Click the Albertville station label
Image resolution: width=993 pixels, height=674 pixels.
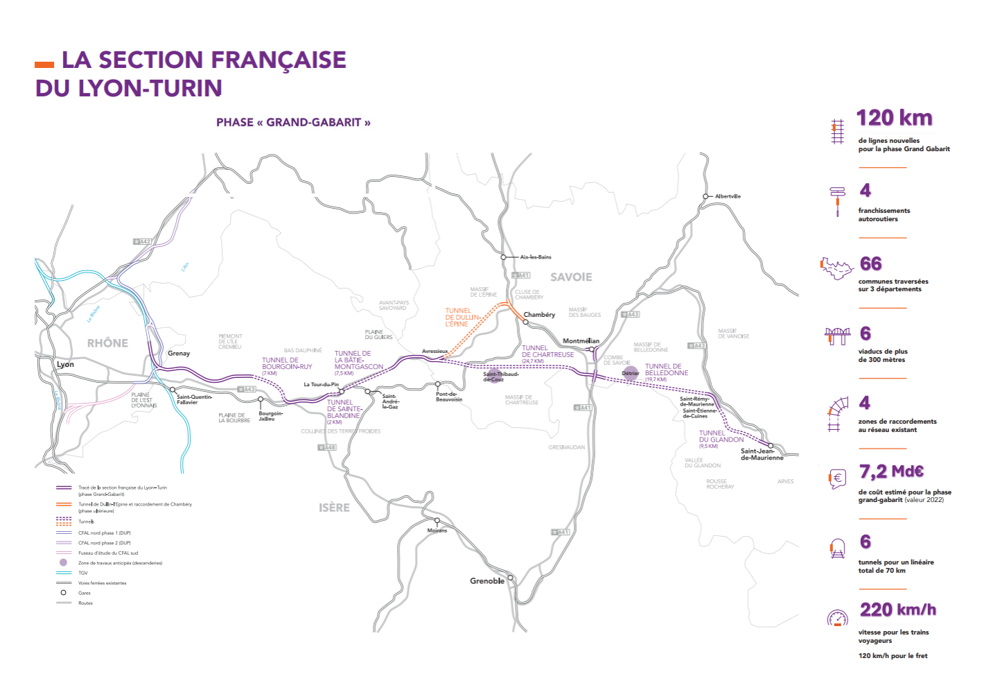click(x=728, y=196)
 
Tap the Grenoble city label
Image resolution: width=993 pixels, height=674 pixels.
click(x=487, y=581)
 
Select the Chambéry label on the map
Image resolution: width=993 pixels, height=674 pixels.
click(x=539, y=315)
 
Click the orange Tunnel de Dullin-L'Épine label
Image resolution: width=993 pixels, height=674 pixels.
click(x=462, y=318)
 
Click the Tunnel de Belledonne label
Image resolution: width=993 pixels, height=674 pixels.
click(x=666, y=370)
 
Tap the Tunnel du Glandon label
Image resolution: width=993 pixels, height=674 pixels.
click(x=721, y=437)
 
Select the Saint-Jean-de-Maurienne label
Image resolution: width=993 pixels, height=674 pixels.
click(x=762, y=454)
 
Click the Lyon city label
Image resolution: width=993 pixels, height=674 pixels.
click(x=65, y=364)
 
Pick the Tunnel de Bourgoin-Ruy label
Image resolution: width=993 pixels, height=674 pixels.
click(x=287, y=364)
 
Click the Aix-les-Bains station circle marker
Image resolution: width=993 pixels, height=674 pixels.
click(x=504, y=257)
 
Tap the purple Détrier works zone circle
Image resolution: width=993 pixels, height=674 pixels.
click(x=631, y=373)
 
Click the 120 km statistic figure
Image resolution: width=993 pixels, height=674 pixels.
click(x=894, y=118)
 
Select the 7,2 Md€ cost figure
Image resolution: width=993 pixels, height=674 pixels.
click(x=891, y=472)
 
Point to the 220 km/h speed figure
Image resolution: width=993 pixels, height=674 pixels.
click(x=897, y=610)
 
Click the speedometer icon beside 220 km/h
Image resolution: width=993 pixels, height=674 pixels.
click(x=837, y=618)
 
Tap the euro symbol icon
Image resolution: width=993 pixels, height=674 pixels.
click(x=837, y=478)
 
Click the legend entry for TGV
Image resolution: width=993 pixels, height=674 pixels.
click(x=83, y=573)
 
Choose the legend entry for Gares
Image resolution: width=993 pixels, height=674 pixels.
click(x=85, y=593)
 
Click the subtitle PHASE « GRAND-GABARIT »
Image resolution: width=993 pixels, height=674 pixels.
click(x=293, y=123)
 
